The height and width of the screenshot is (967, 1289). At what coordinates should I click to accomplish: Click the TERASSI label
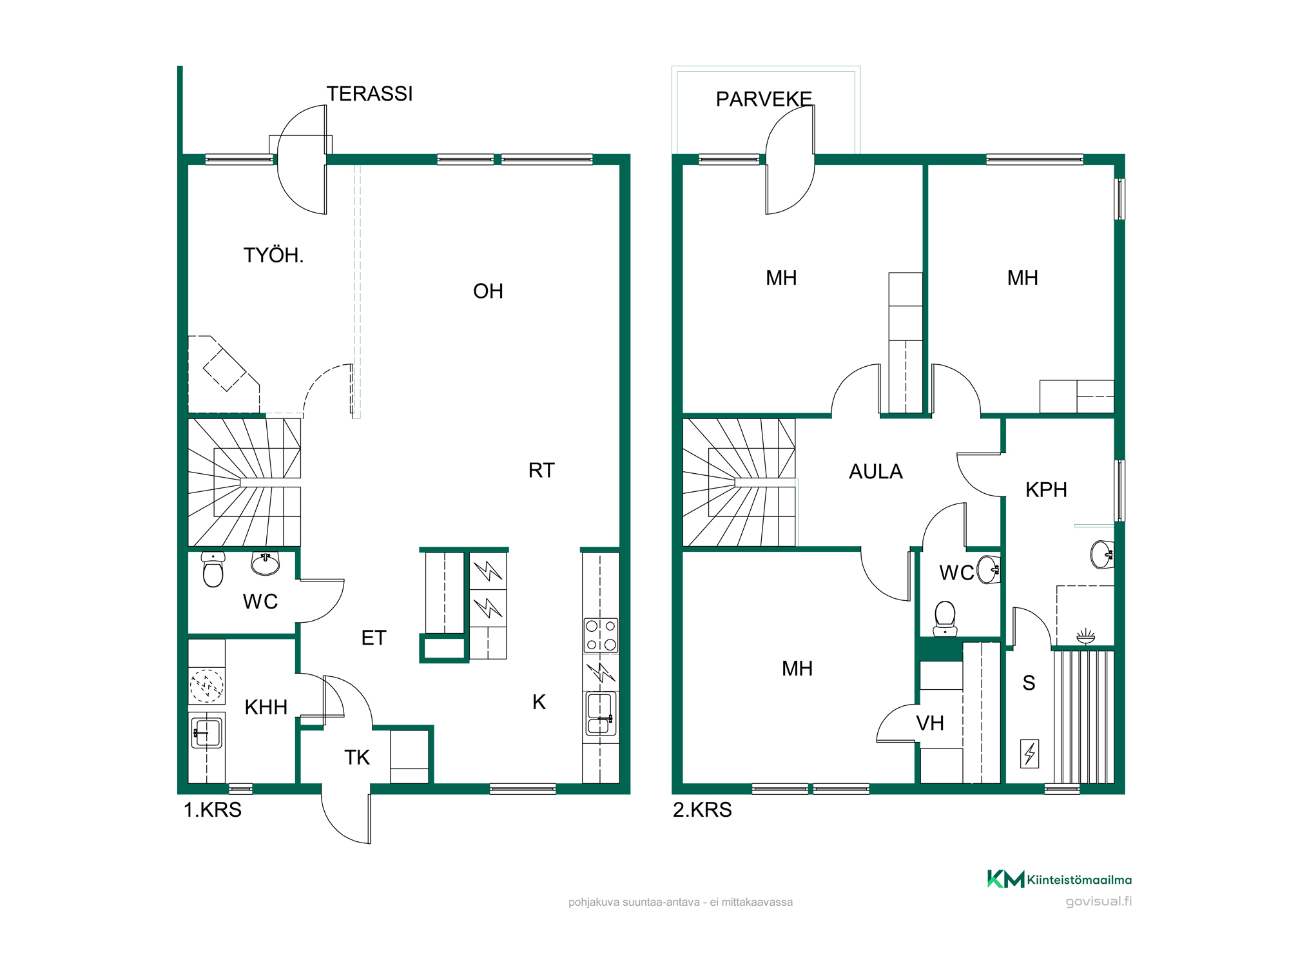[369, 94]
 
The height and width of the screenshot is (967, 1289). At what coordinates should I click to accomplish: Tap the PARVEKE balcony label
[764, 99]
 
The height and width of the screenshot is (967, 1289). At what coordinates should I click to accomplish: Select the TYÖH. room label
[273, 255]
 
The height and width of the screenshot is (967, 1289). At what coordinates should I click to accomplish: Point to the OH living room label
[488, 291]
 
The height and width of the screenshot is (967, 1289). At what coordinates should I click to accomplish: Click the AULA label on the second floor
[876, 472]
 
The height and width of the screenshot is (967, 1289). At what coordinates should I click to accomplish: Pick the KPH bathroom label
[1046, 490]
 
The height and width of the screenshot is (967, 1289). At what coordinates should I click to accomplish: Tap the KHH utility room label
[266, 708]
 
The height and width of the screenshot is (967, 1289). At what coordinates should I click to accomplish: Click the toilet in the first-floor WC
[213, 569]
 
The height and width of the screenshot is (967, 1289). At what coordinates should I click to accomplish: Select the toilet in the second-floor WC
[945, 618]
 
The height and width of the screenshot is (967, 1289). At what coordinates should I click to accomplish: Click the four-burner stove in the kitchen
[601, 635]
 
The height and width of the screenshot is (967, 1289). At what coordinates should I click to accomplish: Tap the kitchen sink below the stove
[601, 714]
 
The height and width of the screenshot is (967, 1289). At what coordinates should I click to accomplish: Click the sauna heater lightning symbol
[1030, 753]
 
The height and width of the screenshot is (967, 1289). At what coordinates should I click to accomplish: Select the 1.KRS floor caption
[213, 810]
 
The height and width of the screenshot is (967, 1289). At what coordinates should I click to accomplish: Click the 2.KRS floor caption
[703, 810]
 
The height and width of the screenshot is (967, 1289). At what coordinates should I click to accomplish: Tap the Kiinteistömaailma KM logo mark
[1005, 879]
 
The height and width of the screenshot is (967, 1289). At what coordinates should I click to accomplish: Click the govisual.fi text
[1098, 901]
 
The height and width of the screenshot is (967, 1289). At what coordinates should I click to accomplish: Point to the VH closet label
[930, 724]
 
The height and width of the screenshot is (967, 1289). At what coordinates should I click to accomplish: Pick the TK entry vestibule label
[357, 758]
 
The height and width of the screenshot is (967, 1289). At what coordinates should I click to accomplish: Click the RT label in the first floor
[541, 471]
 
